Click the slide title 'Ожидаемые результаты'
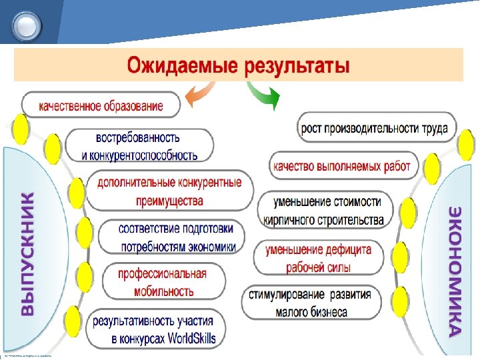click(x=238, y=66)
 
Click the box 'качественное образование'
click(x=101, y=105)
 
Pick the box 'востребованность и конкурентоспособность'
click(x=139, y=146)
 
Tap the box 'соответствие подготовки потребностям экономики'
click(x=171, y=237)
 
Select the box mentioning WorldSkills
click(x=154, y=328)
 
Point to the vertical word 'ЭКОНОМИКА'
click(x=455, y=269)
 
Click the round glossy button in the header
click(x=27, y=26)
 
